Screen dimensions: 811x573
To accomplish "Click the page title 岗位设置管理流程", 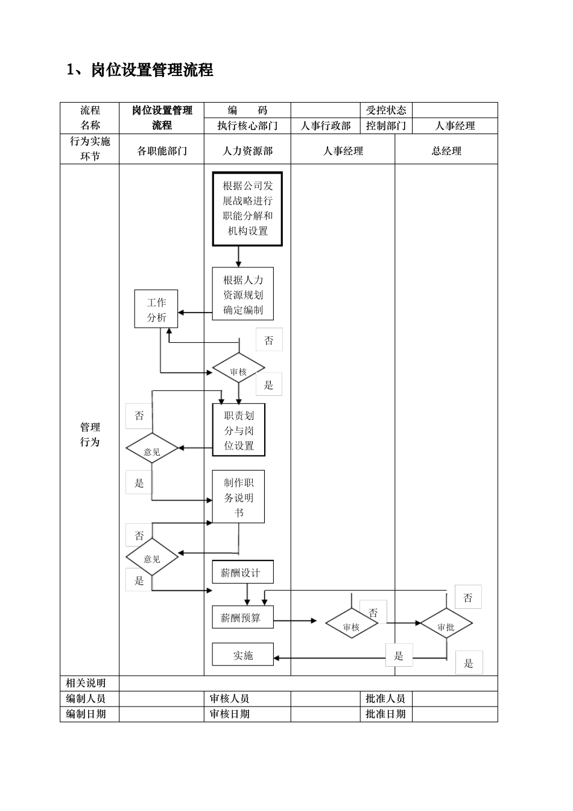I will [140, 70].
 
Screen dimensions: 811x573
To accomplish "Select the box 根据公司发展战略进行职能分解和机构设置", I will [247, 209].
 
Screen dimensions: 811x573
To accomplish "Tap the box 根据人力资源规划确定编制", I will [242, 294].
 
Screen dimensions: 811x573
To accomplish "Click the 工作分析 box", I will [156, 309].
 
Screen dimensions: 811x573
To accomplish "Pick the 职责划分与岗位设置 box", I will [239, 430].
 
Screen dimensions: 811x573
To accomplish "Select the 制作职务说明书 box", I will [238, 497].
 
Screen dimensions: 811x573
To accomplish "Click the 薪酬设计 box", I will [242, 572].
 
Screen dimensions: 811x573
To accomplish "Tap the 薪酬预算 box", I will [242, 617].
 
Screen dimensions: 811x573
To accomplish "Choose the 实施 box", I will [242, 655].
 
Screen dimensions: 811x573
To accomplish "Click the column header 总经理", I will [446, 150].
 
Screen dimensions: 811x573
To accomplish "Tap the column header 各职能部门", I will [162, 150].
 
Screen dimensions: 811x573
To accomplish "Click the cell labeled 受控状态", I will [386, 110].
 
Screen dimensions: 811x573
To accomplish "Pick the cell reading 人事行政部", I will [326, 126].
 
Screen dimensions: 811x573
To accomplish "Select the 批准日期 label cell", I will [386, 714].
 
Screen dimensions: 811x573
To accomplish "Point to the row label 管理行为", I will [90, 434].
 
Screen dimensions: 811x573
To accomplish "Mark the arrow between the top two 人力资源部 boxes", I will [239, 256].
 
